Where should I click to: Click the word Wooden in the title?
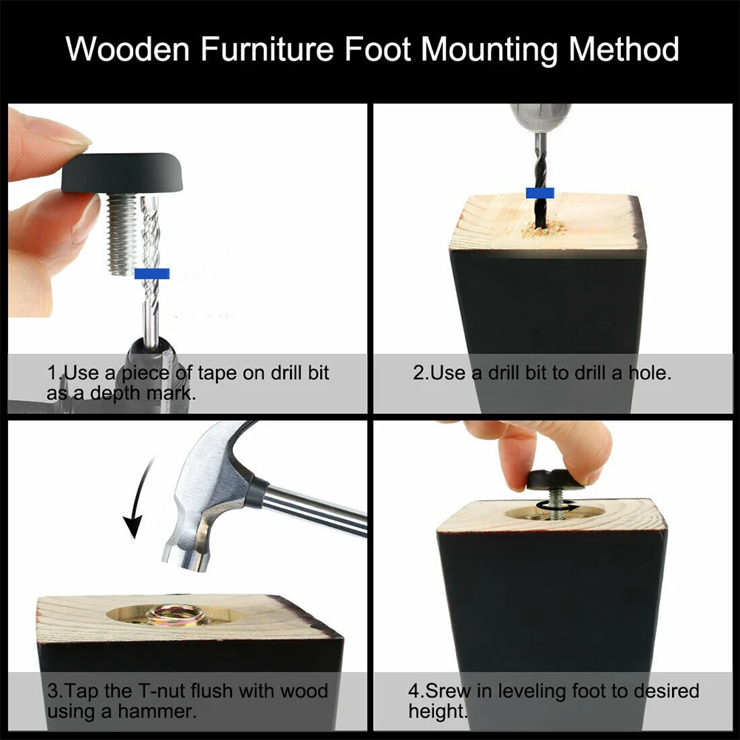tap(128, 49)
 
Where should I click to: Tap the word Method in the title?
tap(624, 49)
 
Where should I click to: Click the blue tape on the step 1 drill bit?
tap(152, 274)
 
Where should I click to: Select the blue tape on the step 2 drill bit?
tap(540, 192)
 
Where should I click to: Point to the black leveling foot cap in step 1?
tap(122, 173)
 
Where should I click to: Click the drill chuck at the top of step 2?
tap(541, 118)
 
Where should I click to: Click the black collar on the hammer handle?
tap(257, 492)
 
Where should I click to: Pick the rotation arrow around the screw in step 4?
tap(557, 506)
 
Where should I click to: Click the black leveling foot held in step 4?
tap(555, 480)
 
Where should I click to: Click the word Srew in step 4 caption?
tap(448, 691)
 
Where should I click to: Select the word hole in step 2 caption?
tap(649, 373)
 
